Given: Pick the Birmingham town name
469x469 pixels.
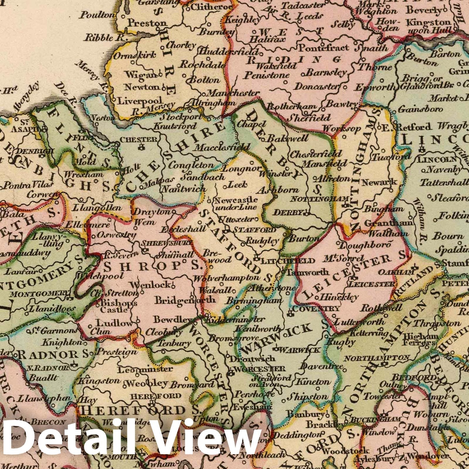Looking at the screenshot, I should click(254, 301).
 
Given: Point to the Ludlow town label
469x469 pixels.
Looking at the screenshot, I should click(115, 323).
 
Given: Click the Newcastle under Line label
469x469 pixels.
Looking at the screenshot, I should click(236, 203).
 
